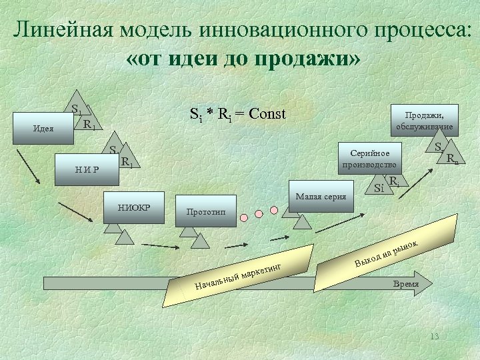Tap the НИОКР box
tap(135, 207)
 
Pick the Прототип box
tap(207, 211)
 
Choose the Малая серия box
tap(321, 197)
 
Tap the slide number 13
tap(435, 336)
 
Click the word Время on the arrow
tap(405, 283)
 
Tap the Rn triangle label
tap(452, 159)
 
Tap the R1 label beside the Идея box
tap(88, 124)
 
